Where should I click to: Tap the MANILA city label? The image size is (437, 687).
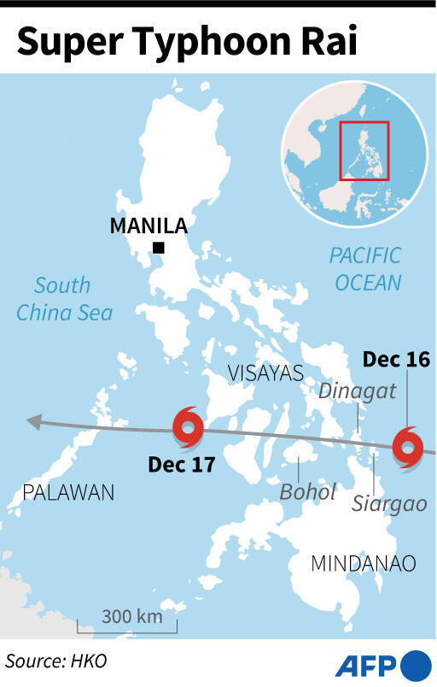click(149, 226)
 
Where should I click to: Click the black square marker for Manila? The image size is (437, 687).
click(158, 249)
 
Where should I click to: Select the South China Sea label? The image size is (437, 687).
click(64, 299)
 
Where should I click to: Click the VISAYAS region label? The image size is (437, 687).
click(265, 373)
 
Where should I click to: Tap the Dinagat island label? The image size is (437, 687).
click(346, 390)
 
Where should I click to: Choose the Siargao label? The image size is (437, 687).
click(389, 503)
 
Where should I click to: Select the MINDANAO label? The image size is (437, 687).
click(363, 564)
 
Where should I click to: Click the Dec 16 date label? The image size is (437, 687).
click(396, 361)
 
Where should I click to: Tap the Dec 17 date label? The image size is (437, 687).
click(181, 466)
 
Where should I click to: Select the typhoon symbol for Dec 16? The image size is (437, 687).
click(408, 447)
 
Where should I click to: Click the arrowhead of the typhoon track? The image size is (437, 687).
click(32, 421)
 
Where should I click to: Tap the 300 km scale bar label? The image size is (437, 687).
click(128, 617)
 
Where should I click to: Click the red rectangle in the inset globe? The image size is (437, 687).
click(364, 150)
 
